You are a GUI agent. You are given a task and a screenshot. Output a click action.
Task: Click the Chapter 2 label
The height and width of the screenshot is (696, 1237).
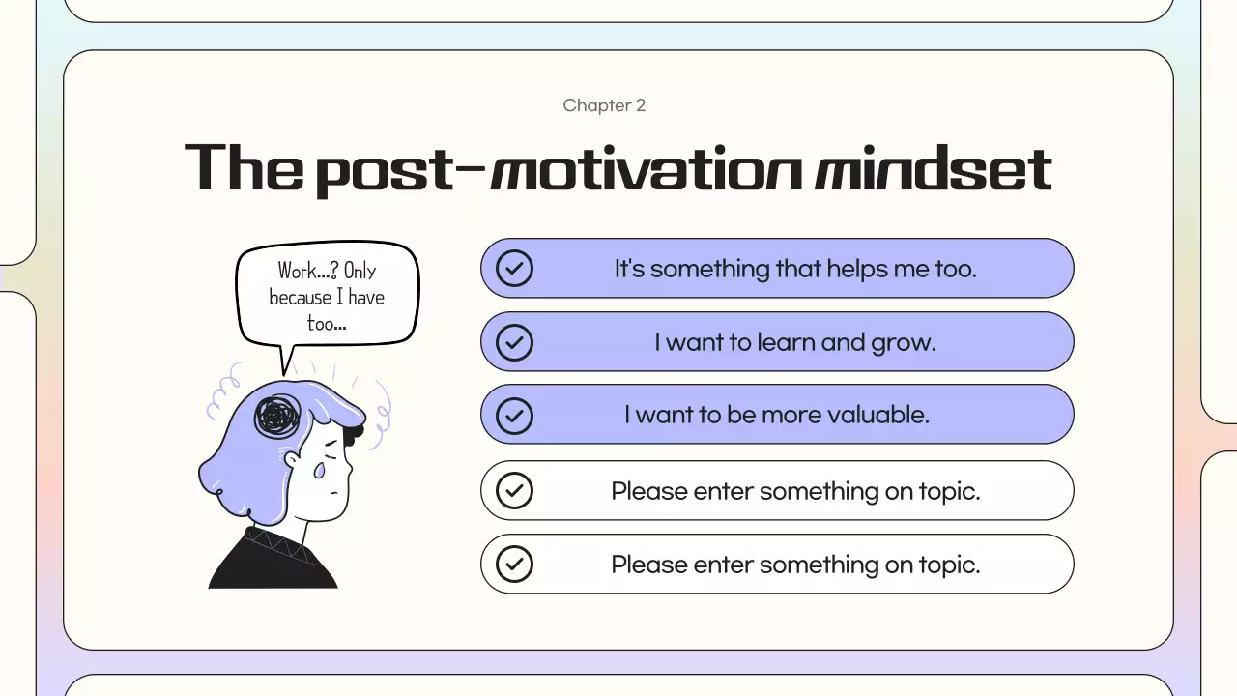[604, 105]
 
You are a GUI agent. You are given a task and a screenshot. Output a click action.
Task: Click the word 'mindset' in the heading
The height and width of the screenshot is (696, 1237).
[933, 169]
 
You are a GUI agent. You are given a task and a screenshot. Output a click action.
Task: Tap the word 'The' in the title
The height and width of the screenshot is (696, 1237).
[243, 167]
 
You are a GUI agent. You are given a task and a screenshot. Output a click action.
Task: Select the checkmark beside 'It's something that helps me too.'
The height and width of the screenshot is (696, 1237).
[514, 268]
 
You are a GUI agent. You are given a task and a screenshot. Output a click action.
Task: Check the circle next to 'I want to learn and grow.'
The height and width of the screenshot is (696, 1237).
[514, 341]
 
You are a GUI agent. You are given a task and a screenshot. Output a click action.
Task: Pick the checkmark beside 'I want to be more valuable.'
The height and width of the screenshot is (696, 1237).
[514, 415]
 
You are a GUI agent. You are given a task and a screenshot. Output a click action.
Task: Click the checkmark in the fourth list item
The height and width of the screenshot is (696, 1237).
[514, 491]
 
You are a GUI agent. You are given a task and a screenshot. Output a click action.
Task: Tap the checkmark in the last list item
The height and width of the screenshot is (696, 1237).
[514, 564]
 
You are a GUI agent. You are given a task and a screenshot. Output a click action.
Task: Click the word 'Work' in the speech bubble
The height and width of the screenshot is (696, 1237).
[298, 271]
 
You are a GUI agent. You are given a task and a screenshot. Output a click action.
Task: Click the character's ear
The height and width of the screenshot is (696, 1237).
[292, 462]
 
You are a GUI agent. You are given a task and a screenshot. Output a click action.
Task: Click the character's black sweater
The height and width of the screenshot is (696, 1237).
[271, 565]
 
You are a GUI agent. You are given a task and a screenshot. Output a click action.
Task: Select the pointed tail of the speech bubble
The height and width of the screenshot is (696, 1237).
[284, 362]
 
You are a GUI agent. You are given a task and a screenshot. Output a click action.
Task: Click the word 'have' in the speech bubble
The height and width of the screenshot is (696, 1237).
[366, 297]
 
